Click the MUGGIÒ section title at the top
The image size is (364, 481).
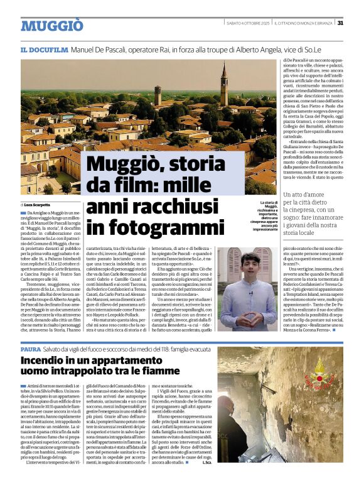(51, 26)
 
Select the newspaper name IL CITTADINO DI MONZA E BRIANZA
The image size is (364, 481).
(304, 23)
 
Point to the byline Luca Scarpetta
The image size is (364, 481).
(39, 205)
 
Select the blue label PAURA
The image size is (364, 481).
(31, 349)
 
